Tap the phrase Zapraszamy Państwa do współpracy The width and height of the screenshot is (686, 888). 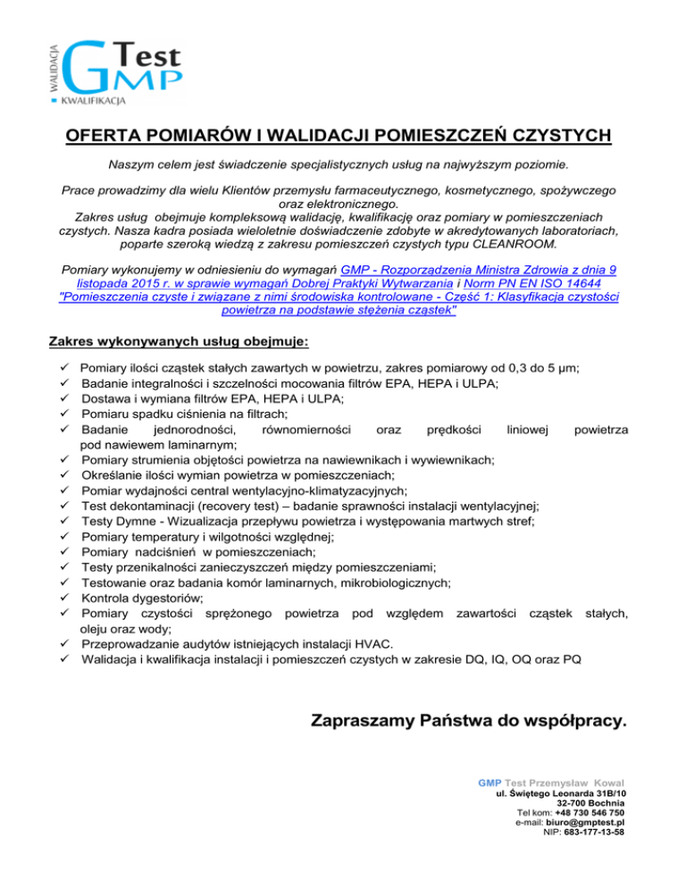(x=468, y=719)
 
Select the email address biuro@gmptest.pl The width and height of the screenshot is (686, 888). (x=585, y=823)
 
